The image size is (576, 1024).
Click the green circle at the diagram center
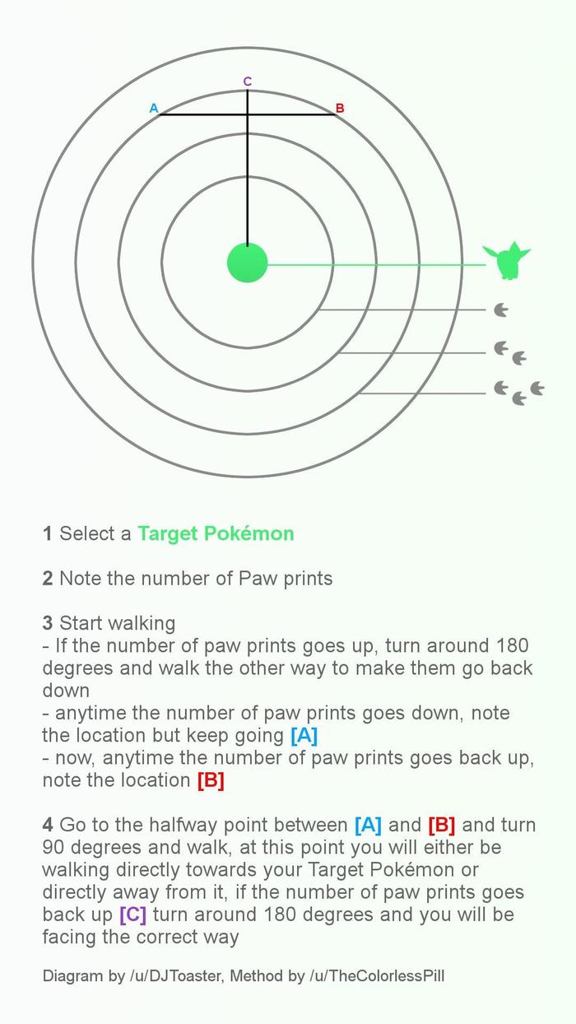coord(248,263)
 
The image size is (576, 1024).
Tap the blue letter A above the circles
coord(154,108)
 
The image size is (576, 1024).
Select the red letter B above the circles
coord(340,108)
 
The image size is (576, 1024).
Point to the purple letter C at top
coord(248,81)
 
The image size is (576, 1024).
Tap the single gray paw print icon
coord(500,310)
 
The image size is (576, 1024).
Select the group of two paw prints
coord(509,353)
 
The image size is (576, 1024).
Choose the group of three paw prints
coord(518,392)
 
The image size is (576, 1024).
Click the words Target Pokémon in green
coord(216,533)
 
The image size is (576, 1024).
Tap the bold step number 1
coord(48,533)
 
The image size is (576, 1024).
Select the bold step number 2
coord(48,579)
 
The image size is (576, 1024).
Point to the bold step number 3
coord(48,623)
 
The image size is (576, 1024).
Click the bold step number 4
coord(48,825)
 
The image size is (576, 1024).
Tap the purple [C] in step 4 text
coord(132,915)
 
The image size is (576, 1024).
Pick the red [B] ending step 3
coord(211,780)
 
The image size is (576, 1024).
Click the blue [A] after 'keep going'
coord(304,735)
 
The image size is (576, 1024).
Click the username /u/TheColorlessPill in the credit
coord(377,976)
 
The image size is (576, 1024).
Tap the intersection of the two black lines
coord(248,114)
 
